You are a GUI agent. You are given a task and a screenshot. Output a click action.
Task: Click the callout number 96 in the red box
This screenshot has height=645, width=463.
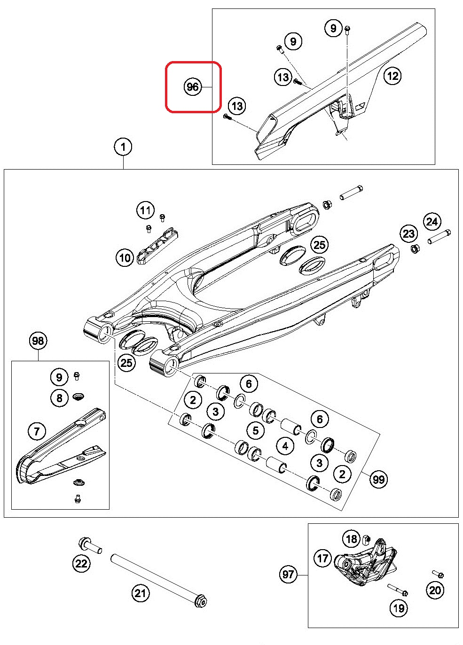[192, 87]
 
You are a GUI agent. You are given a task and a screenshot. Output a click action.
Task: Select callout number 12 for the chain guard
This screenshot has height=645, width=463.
[392, 75]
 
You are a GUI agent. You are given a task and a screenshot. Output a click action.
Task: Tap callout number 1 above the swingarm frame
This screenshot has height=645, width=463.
[123, 147]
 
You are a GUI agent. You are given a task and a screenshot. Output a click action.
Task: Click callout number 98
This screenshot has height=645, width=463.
[38, 340]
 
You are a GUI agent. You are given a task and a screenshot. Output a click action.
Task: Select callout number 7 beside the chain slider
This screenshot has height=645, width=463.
[37, 430]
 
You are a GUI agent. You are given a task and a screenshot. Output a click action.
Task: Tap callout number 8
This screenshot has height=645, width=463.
[59, 398]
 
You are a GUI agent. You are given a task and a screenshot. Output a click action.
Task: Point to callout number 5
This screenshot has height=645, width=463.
[255, 430]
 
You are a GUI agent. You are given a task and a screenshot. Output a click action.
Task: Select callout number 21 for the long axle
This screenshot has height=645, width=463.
[141, 593]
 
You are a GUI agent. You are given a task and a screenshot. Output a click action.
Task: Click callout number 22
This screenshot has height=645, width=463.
[81, 563]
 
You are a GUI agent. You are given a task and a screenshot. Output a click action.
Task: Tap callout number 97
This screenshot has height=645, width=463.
[289, 575]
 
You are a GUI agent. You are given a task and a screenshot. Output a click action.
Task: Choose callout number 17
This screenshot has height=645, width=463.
[322, 558]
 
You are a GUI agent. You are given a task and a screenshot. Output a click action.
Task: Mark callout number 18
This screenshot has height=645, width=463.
[352, 539]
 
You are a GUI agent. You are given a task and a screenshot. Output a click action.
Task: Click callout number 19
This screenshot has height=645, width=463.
[398, 608]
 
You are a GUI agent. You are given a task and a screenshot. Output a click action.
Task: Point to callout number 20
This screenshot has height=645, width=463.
[435, 590]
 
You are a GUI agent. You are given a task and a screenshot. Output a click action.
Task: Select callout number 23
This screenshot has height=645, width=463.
[408, 233]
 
